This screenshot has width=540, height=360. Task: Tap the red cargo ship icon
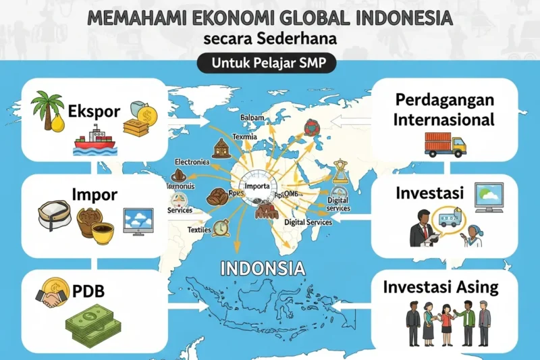click(x=94, y=143)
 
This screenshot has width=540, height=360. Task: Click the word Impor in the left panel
click(x=94, y=195)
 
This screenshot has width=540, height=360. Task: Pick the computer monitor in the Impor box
click(x=138, y=220)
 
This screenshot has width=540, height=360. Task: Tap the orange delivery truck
click(x=445, y=143)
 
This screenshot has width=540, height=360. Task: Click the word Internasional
click(x=446, y=120)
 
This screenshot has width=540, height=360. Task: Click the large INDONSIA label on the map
click(x=263, y=268)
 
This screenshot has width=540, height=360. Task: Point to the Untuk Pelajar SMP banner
click(x=270, y=65)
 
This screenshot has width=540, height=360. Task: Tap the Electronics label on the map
click(x=193, y=162)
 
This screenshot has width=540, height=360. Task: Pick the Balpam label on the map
click(x=252, y=118)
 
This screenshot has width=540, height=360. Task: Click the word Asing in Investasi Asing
click(x=475, y=287)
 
